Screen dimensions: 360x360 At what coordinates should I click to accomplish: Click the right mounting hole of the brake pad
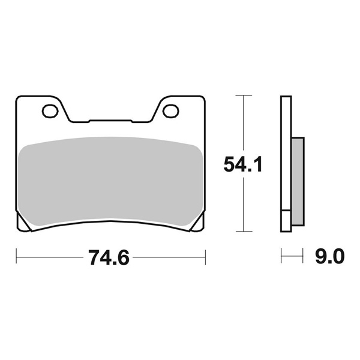point(170,110)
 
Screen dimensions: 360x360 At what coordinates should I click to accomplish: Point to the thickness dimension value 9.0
point(328,258)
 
